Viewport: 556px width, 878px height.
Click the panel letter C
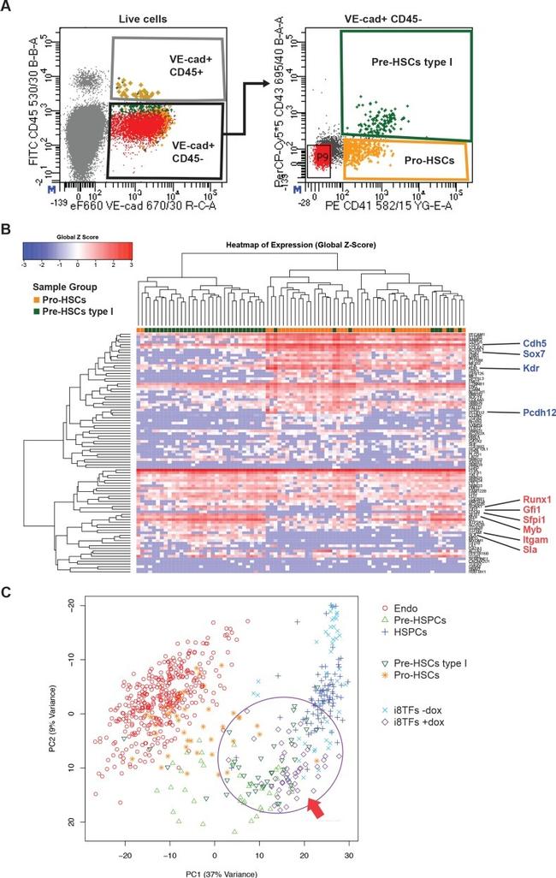9,592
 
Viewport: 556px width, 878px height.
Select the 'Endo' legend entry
406,607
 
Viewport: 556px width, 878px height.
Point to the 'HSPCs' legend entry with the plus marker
411,632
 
